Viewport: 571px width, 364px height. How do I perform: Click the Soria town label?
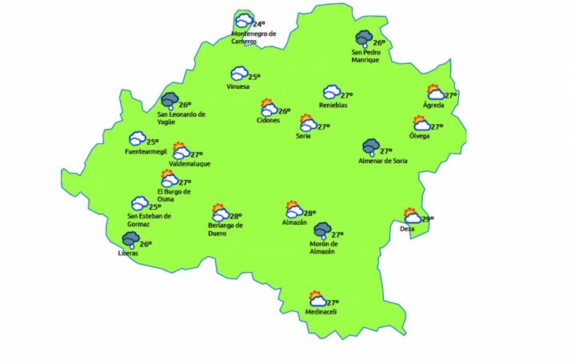click(x=303, y=136)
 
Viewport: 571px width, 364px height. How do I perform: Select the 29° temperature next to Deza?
click(x=428, y=219)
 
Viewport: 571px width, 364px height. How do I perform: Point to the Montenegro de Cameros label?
click(x=254, y=38)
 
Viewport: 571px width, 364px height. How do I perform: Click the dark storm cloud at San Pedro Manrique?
click(x=364, y=39)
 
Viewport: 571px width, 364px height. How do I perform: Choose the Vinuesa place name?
click(x=238, y=86)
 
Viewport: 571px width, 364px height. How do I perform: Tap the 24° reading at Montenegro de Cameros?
click(x=259, y=25)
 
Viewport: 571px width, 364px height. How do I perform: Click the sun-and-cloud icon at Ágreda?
click(x=435, y=92)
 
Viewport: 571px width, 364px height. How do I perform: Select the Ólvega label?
click(x=419, y=136)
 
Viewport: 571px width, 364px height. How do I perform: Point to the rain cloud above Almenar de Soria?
click(x=370, y=147)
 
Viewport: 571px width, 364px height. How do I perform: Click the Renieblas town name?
click(x=333, y=106)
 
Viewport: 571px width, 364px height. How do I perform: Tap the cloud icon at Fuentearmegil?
click(x=137, y=138)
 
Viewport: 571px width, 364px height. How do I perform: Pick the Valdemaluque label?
click(x=186, y=164)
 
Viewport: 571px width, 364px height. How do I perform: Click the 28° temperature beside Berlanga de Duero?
click(x=236, y=215)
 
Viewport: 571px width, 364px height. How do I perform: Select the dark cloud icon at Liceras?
click(x=130, y=239)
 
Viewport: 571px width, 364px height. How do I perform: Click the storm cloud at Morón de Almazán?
click(x=321, y=230)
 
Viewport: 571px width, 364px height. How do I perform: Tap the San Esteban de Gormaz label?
click(x=150, y=220)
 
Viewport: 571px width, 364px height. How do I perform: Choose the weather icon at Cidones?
click(x=268, y=107)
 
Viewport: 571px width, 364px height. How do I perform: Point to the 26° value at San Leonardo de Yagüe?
click(x=185, y=105)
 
